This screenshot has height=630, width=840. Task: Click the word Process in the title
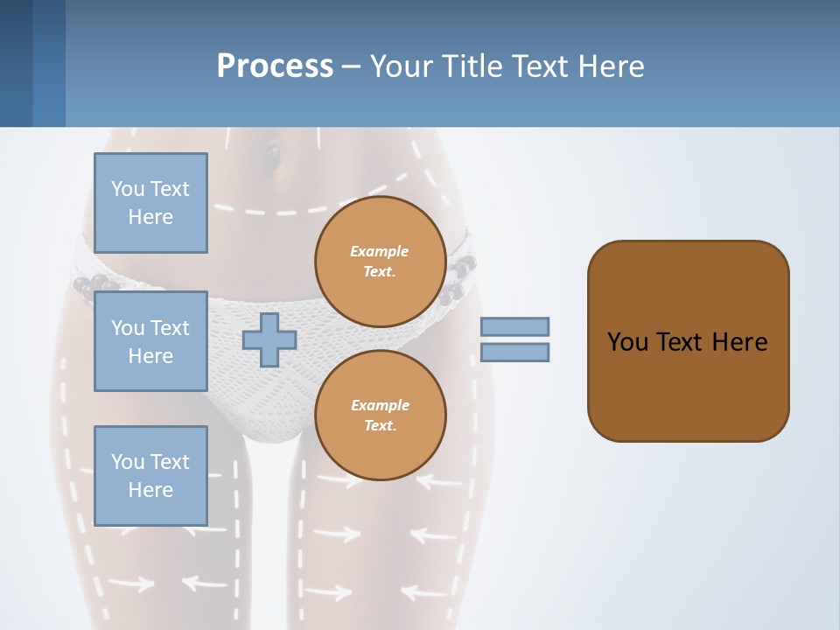pos(275,66)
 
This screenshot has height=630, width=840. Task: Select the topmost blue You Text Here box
pos(150,203)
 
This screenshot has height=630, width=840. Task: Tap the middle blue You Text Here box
pos(150,341)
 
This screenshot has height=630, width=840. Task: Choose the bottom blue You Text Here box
pos(150,475)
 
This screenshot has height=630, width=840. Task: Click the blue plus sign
pos(269,339)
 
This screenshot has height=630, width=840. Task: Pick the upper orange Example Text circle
pos(380,262)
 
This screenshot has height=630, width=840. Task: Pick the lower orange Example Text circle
pos(380,415)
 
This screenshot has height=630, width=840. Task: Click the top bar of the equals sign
pos(514,326)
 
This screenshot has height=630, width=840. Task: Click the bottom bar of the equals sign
pos(514,352)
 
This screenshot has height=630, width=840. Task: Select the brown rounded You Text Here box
pos(688,376)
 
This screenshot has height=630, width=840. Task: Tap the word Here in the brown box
pos(739,342)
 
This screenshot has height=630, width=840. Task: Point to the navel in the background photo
pos(273,157)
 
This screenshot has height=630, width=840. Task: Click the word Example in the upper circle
pos(380,251)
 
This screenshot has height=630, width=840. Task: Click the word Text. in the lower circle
pos(380,425)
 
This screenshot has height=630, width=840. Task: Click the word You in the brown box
pos(626,342)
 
